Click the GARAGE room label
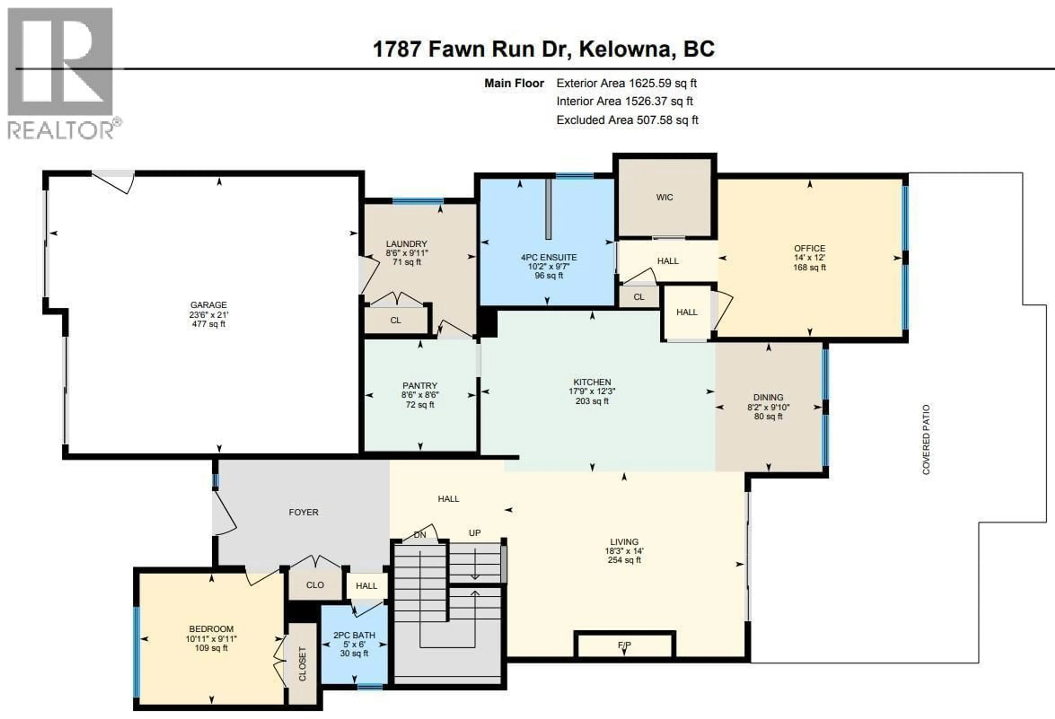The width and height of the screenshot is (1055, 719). click(x=208, y=305)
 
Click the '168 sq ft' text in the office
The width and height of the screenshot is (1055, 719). click(x=809, y=267)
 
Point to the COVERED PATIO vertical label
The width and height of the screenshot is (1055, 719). click(x=926, y=439)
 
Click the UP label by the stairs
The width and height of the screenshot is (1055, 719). click(x=474, y=533)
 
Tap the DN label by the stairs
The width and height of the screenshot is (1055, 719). click(x=420, y=535)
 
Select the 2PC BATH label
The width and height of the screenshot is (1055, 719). click(x=354, y=635)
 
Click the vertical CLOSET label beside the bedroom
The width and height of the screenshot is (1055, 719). click(x=302, y=664)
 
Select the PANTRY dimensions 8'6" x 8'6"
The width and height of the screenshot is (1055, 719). click(x=420, y=395)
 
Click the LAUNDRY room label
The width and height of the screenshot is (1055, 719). click(x=406, y=244)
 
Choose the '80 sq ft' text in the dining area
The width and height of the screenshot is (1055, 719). click(x=768, y=416)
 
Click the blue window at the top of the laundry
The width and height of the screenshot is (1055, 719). click(x=418, y=201)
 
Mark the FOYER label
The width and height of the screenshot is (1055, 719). click(x=303, y=512)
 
